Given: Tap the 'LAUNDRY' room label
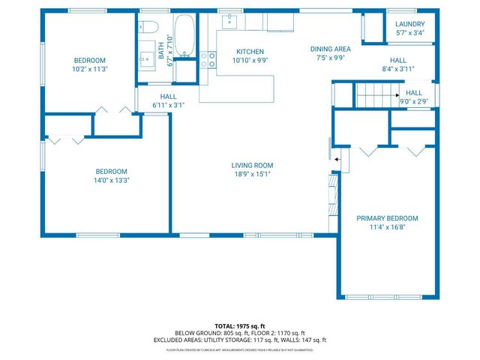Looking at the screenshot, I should (x=410, y=23).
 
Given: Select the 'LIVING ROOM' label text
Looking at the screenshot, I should (x=251, y=165).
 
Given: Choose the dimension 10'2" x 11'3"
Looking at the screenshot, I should (x=89, y=69).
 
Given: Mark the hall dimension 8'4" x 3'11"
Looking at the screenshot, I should (x=397, y=68).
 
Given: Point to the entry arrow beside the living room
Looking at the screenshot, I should (x=337, y=158).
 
